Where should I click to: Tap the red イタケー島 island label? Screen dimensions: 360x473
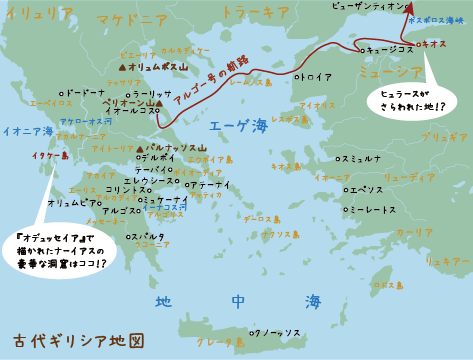point(50,156)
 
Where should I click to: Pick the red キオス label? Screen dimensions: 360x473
point(433,44)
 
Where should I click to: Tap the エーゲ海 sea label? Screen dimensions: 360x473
point(239,126)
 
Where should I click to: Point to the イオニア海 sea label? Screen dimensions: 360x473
point(28,131)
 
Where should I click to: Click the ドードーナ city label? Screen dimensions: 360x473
point(83,93)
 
